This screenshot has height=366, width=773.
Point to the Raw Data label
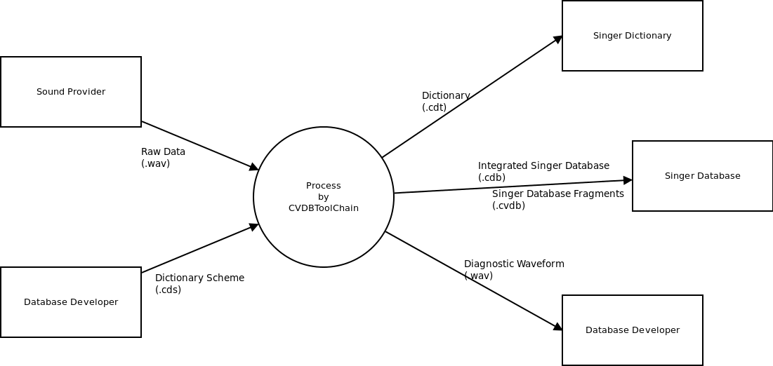click(163, 151)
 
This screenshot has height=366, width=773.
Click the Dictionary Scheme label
click(199, 278)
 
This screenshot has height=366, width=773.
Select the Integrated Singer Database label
click(543, 165)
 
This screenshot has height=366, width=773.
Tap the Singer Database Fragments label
click(558, 194)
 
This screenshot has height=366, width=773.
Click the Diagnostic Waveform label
click(514, 264)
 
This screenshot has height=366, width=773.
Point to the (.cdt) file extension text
click(435, 107)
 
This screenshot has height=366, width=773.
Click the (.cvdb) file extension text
click(509, 205)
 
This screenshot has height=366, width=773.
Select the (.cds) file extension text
click(168, 290)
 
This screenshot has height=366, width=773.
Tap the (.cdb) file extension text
click(491, 177)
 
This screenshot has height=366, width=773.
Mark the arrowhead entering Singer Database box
click(628, 180)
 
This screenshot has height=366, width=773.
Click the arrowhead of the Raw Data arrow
click(254, 167)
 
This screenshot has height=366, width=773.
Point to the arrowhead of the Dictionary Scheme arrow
click(254, 226)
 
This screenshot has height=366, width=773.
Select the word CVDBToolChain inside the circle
click(324, 208)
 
